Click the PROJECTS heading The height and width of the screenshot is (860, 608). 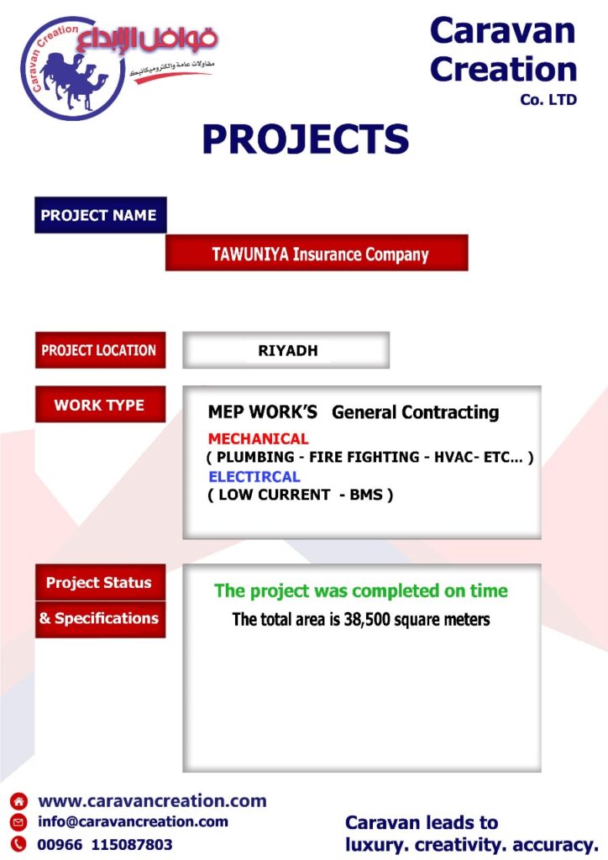coord(306,139)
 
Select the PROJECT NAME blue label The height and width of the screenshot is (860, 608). coord(100,215)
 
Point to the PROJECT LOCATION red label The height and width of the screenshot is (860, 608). coord(100,350)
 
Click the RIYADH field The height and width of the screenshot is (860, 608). coord(286,350)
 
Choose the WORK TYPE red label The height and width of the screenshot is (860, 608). coord(100,405)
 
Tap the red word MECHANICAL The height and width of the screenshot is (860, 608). coord(258,438)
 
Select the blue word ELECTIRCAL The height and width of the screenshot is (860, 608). coord(254,477)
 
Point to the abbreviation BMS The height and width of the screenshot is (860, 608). coord(366,495)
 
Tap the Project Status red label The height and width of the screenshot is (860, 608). coord(100,583)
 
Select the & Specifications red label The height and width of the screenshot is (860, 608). coord(100,619)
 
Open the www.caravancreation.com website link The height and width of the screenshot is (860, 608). coord(152,800)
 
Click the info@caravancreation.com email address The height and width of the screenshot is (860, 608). coord(133,821)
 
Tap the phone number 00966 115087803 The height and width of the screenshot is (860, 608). coord(105,844)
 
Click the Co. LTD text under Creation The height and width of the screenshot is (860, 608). coord(548,100)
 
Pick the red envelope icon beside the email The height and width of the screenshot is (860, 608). coord(18,822)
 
